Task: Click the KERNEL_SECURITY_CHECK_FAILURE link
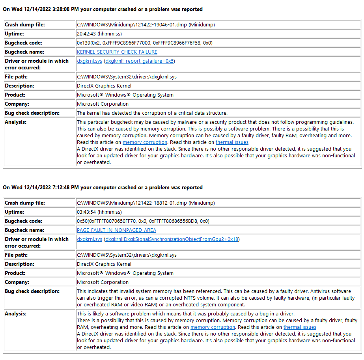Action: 117,52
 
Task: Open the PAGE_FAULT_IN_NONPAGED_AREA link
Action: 116,230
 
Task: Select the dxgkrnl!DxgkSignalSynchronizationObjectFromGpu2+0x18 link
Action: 172,239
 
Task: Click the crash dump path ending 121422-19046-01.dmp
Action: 146,25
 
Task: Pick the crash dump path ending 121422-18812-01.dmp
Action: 146,203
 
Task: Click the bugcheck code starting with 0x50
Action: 143,221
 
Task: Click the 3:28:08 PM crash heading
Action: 103,9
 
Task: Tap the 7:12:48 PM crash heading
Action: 103,187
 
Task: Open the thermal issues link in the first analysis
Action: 232,142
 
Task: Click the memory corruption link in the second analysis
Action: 213,327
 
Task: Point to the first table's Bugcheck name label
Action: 24,52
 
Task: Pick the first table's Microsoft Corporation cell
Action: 103,104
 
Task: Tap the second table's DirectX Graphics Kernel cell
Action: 104,264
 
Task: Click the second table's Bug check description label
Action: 32,291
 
